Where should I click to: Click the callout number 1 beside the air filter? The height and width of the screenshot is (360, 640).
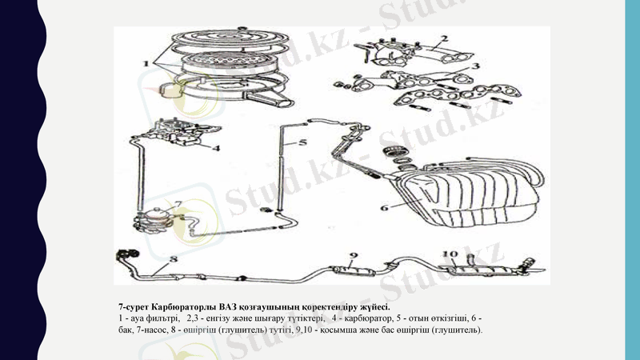pyautogui.click(x=146, y=63)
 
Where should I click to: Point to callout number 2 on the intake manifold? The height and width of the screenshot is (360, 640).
pyautogui.click(x=445, y=38)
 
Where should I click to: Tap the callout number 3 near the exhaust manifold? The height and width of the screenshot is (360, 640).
pyautogui.click(x=474, y=66)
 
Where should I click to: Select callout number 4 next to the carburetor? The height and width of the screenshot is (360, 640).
pyautogui.click(x=216, y=148)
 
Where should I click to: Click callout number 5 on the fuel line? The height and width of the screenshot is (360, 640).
pyautogui.click(x=302, y=142)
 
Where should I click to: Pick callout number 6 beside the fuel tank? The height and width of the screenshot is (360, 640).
pyautogui.click(x=385, y=208)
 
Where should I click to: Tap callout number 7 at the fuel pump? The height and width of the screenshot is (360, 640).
pyautogui.click(x=178, y=203)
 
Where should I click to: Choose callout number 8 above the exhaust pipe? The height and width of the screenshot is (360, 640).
pyautogui.click(x=174, y=258)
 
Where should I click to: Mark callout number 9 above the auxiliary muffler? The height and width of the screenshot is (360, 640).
pyautogui.click(x=354, y=256)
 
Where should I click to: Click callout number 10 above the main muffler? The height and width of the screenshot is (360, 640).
pyautogui.click(x=450, y=254)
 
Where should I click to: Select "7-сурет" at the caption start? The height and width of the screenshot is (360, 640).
pyautogui.click(x=134, y=306)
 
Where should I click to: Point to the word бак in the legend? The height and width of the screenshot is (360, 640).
pyautogui.click(x=125, y=330)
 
